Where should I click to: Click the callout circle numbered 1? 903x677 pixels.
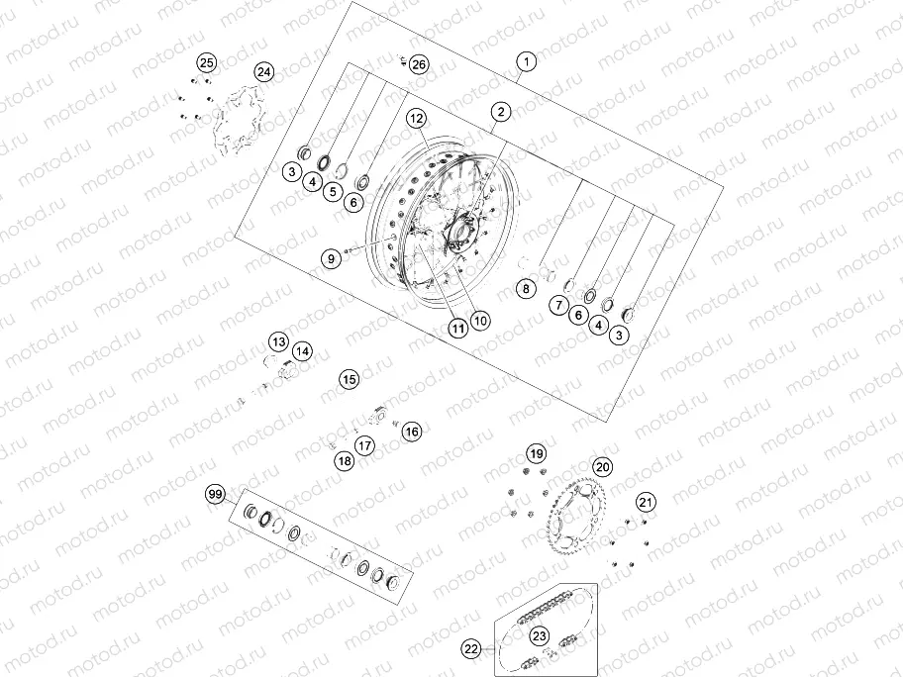click(527, 61)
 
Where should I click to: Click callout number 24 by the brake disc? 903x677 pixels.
click(263, 72)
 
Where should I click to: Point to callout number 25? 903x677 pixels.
click(205, 63)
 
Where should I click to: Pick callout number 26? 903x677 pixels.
click(419, 64)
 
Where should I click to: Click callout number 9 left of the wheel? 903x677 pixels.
click(332, 257)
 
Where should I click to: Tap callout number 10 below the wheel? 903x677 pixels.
click(480, 320)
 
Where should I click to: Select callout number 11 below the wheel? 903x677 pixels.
click(456, 326)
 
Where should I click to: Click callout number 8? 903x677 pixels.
click(526, 288)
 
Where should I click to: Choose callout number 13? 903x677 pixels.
click(278, 341)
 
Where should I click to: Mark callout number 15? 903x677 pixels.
click(348, 378)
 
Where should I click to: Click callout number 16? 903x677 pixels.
click(411, 431)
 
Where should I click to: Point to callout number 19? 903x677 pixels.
click(536, 454)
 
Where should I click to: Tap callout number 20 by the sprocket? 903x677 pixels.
click(602, 467)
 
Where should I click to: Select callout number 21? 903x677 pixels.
click(645, 502)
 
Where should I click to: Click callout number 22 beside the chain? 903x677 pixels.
click(471, 649)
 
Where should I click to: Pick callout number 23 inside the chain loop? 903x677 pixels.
click(540, 635)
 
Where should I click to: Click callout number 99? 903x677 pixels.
click(214, 493)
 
